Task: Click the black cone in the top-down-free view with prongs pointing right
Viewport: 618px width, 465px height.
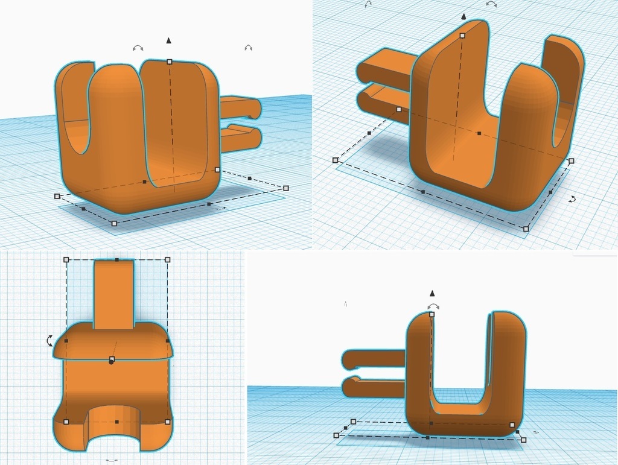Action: [169, 40]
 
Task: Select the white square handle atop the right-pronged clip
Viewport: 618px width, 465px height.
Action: [170, 62]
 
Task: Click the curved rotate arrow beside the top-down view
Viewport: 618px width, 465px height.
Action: [49, 341]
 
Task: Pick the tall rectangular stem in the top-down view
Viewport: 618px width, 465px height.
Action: [114, 294]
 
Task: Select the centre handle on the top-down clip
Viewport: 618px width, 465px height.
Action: [112, 359]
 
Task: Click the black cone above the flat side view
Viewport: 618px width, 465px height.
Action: [432, 294]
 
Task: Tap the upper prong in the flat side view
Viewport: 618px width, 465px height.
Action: [374, 358]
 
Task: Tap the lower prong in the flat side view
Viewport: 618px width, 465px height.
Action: [374, 387]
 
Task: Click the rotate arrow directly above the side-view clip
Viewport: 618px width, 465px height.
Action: [433, 306]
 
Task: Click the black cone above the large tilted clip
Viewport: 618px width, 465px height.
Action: [463, 17]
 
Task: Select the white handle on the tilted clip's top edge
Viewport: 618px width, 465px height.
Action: [462, 36]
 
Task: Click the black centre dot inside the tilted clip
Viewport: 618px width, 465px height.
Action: [479, 133]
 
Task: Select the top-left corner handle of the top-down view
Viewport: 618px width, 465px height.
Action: [66, 260]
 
